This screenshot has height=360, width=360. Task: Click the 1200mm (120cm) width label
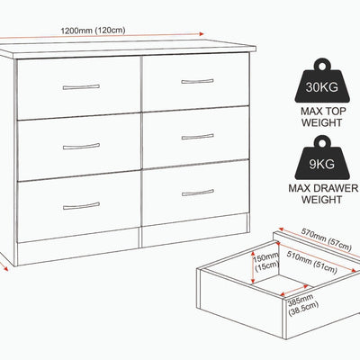tap(93, 31)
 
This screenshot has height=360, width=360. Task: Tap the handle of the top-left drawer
tap(81, 87)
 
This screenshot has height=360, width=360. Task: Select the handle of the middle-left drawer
tap(81, 147)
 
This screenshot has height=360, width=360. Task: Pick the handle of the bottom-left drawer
tap(81, 206)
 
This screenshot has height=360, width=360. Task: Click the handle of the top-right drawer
tap(197, 81)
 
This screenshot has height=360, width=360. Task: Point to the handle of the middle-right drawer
tap(198, 137)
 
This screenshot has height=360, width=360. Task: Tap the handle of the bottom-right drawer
tap(198, 193)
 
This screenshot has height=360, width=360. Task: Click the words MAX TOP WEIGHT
tap(323, 117)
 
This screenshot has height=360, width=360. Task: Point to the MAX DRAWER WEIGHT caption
tap(323, 194)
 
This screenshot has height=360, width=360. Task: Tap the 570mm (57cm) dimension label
tap(327, 239)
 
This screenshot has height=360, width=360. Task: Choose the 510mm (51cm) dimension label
tap(312, 263)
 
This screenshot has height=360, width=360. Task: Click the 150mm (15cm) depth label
tap(266, 261)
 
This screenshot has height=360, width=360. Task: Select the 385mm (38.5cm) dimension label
tap(302, 304)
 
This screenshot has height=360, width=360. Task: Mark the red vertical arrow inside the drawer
tap(254, 264)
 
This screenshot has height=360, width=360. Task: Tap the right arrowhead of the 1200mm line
tap(202, 34)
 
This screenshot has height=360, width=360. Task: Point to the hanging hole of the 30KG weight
tap(322, 66)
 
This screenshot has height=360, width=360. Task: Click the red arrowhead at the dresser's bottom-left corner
tap(5, 268)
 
